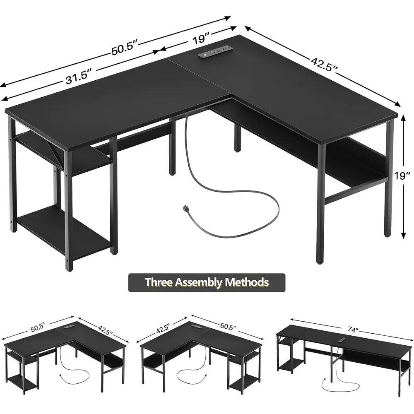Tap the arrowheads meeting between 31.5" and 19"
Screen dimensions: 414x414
pyautogui.click(x=160, y=52)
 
